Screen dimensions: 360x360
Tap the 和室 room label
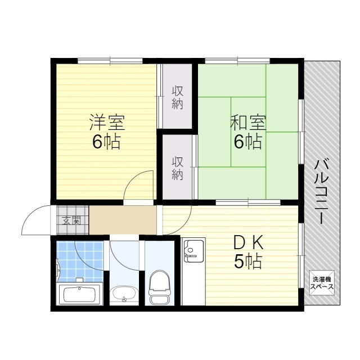point(247,122)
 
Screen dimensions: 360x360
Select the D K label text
point(248,243)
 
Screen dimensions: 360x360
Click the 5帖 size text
point(248,262)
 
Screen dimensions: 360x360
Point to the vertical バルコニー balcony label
point(322,191)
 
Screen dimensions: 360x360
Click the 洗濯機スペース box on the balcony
point(322,283)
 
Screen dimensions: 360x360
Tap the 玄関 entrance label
point(70,220)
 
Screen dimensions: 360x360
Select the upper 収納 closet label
point(178,97)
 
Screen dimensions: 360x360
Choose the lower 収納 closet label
point(178,168)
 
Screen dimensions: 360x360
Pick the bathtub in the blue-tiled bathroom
point(79,294)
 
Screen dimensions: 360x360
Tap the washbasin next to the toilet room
point(123,293)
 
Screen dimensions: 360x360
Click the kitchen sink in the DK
point(193,251)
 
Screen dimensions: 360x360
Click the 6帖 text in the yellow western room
point(106,142)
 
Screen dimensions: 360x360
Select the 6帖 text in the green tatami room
point(247,142)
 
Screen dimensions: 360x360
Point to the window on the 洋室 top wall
point(110,60)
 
